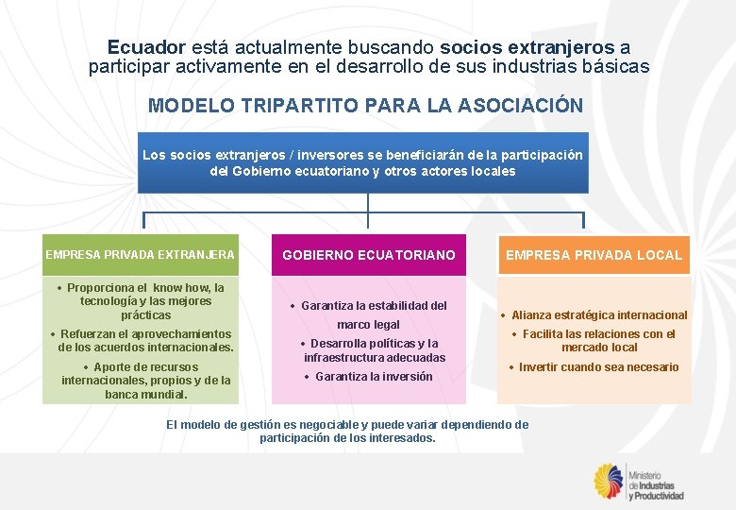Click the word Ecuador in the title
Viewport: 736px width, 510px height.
(146, 46)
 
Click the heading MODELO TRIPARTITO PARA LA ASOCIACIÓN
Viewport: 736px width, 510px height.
(366, 105)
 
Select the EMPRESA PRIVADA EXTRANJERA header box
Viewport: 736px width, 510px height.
(140, 254)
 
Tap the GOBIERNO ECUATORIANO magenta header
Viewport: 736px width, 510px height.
(369, 255)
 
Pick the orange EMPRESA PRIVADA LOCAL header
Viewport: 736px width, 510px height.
(594, 255)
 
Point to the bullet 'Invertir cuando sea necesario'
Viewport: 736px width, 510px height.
(594, 367)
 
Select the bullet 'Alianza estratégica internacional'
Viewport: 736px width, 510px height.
(594, 315)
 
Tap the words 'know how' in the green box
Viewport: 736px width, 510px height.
(182, 287)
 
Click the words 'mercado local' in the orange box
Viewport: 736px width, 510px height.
(599, 348)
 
